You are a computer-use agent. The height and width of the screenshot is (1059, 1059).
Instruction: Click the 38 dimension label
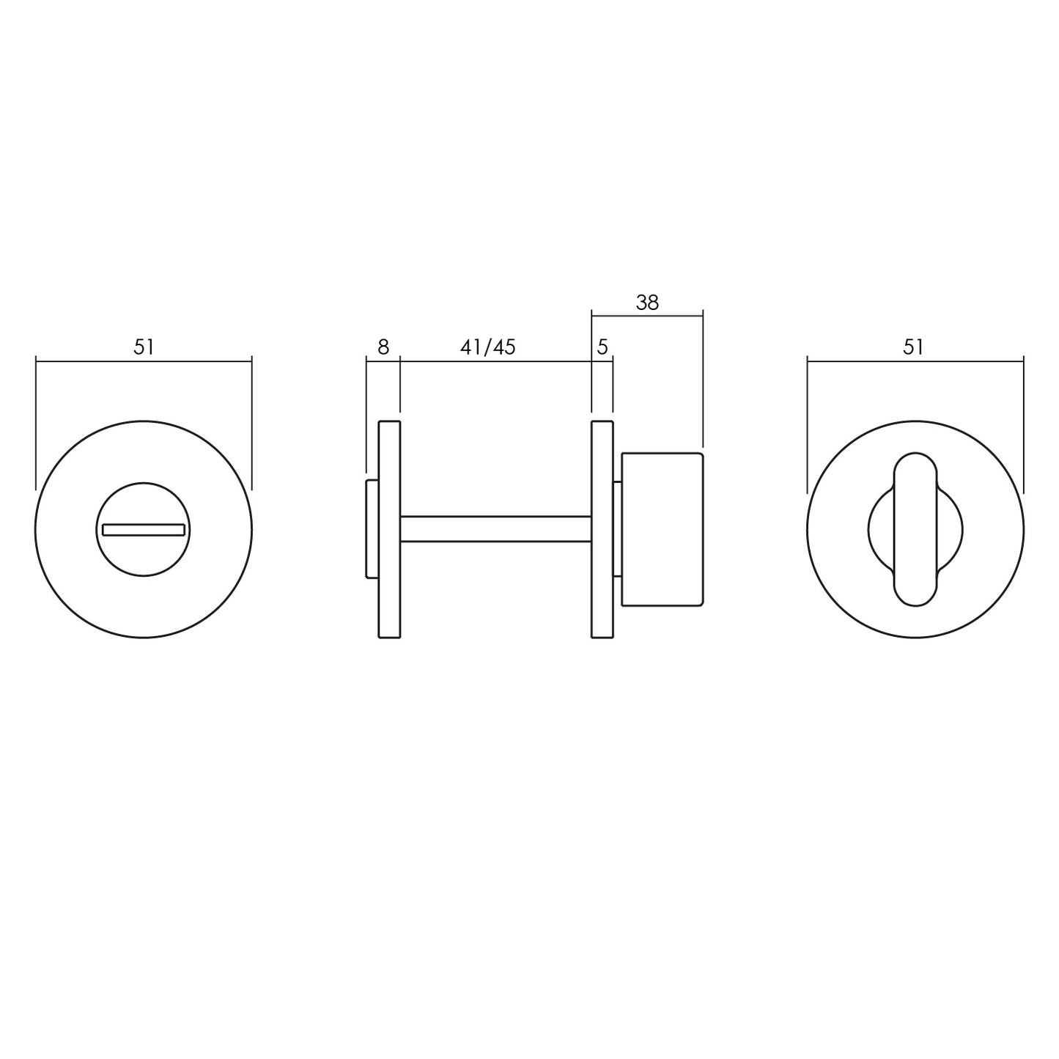pos(647,303)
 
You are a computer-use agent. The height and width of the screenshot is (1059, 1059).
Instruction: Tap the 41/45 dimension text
pos(488,347)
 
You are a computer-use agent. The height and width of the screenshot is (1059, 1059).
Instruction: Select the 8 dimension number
pos(383,347)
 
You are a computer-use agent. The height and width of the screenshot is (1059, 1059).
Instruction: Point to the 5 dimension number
pos(602,347)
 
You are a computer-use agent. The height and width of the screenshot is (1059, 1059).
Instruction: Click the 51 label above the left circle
pos(144,347)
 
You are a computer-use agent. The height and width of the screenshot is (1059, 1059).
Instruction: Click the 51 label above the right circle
pos(913,347)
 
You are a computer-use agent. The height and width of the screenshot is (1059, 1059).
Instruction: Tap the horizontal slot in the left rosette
pos(144,529)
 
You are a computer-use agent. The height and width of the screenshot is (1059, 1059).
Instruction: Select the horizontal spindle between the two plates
pos(495,529)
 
